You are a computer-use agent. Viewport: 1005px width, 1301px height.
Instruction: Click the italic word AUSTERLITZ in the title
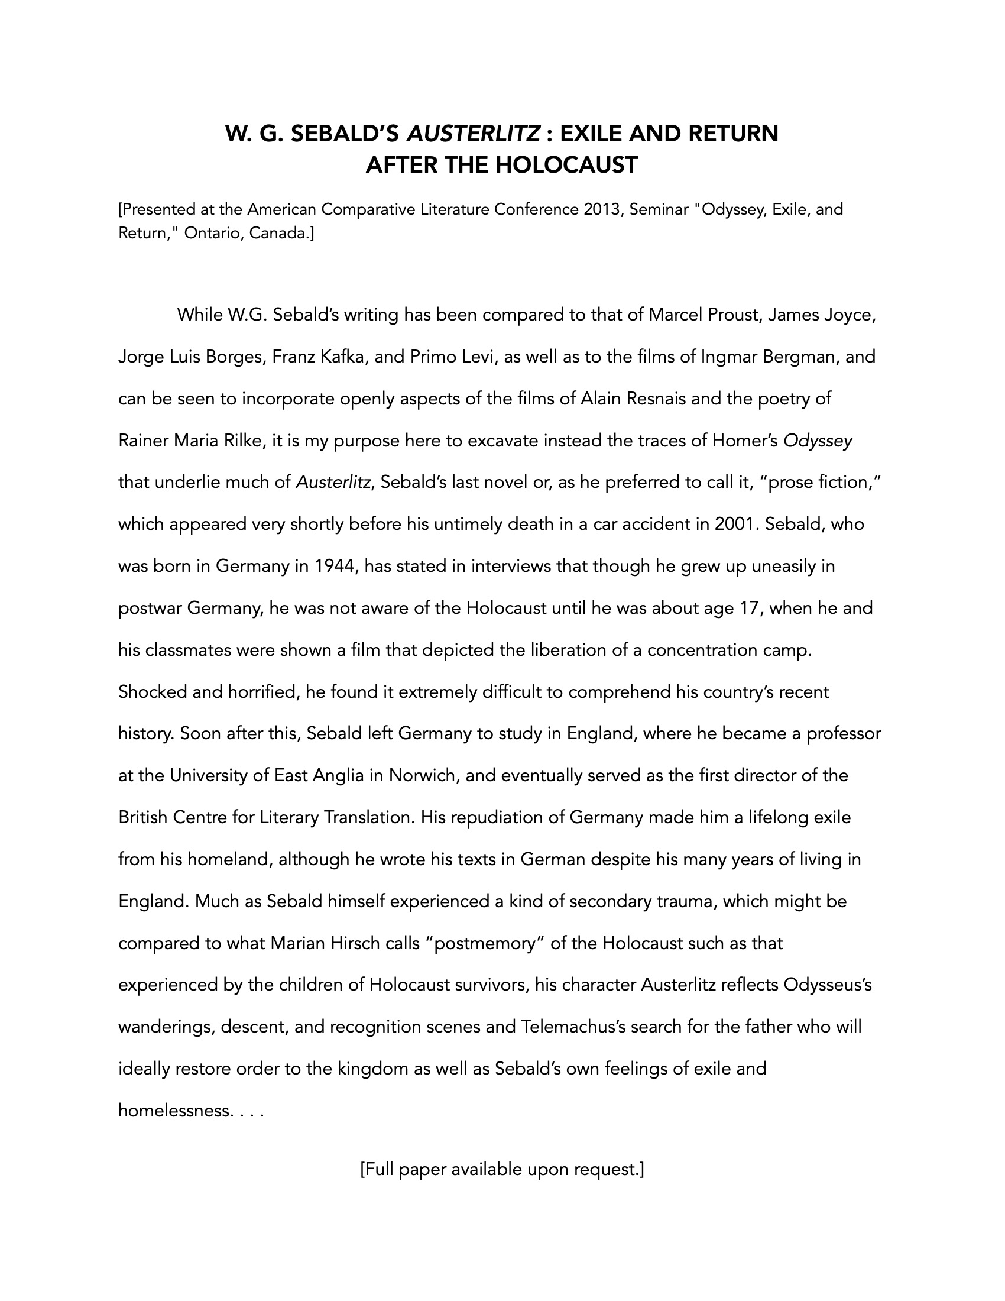[474, 134]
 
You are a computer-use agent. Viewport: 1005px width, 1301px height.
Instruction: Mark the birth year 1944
[335, 566]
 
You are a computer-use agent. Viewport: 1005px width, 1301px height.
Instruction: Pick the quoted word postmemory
[485, 944]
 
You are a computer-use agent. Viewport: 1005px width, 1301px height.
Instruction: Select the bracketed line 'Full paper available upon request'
[502, 1169]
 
